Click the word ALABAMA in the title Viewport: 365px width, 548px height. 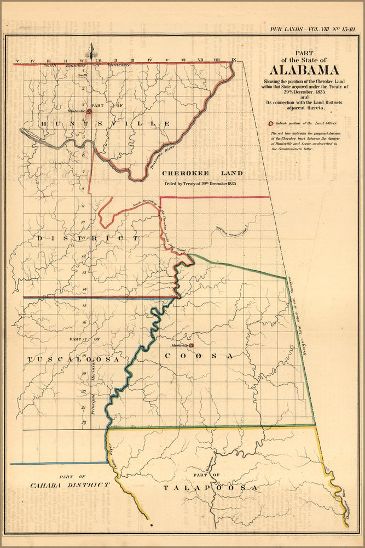pyautogui.click(x=303, y=70)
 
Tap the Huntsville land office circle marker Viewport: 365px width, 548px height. pyautogui.click(x=89, y=111)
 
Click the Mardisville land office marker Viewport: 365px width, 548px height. pyautogui.click(x=191, y=345)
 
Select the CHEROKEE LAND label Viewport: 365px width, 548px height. pyautogui.click(x=202, y=173)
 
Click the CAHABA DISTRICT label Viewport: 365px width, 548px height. pyautogui.click(x=70, y=485)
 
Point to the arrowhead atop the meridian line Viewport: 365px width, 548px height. pyautogui.click(x=91, y=50)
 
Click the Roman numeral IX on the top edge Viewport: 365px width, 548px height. pyautogui.click(x=234, y=59)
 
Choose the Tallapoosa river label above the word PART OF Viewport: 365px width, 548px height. pyautogui.click(x=210, y=463)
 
